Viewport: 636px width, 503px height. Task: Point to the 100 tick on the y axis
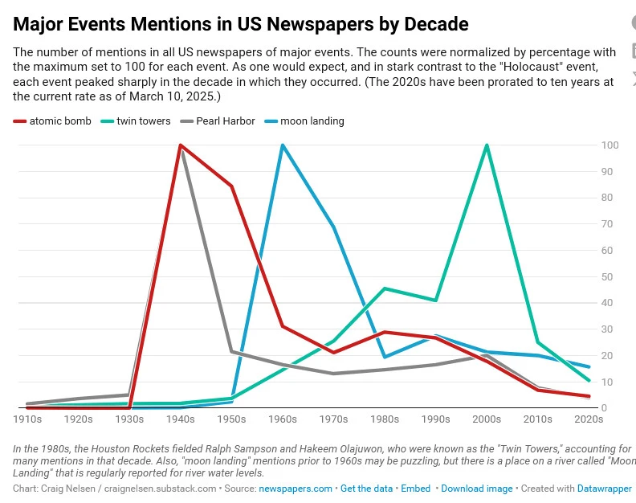pos(609,145)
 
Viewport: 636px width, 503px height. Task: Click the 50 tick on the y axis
pos(608,277)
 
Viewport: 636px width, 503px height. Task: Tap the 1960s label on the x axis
pos(282,419)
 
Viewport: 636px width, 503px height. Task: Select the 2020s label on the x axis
pos(589,419)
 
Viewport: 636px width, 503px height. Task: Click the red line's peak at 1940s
pos(181,145)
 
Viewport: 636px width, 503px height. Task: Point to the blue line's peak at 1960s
pos(283,145)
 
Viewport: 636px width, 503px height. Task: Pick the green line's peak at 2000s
pos(487,145)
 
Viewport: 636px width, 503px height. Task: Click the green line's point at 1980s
pos(385,288)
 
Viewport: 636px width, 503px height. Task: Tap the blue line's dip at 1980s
pos(385,357)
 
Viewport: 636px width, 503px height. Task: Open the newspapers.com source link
pos(296,489)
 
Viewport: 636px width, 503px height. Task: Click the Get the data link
pos(367,489)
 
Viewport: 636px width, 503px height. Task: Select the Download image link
pos(476,489)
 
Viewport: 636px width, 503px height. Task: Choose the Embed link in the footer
pos(416,489)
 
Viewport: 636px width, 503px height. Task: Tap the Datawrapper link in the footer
pos(605,489)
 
